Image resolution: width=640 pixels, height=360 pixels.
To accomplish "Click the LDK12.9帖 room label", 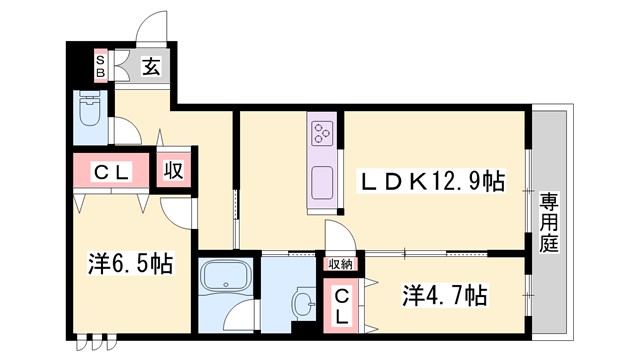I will point(432,181).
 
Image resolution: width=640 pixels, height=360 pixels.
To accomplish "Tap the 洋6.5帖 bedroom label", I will point(130,264).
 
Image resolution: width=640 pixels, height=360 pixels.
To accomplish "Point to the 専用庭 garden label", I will point(550,221).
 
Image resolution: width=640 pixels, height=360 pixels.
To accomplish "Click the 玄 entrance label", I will point(151,67).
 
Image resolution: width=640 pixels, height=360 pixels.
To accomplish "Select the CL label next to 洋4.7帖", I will point(342,307).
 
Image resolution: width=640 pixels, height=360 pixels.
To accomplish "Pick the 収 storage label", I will point(173,170).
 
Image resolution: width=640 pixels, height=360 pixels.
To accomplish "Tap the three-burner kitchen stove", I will point(323,133).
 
